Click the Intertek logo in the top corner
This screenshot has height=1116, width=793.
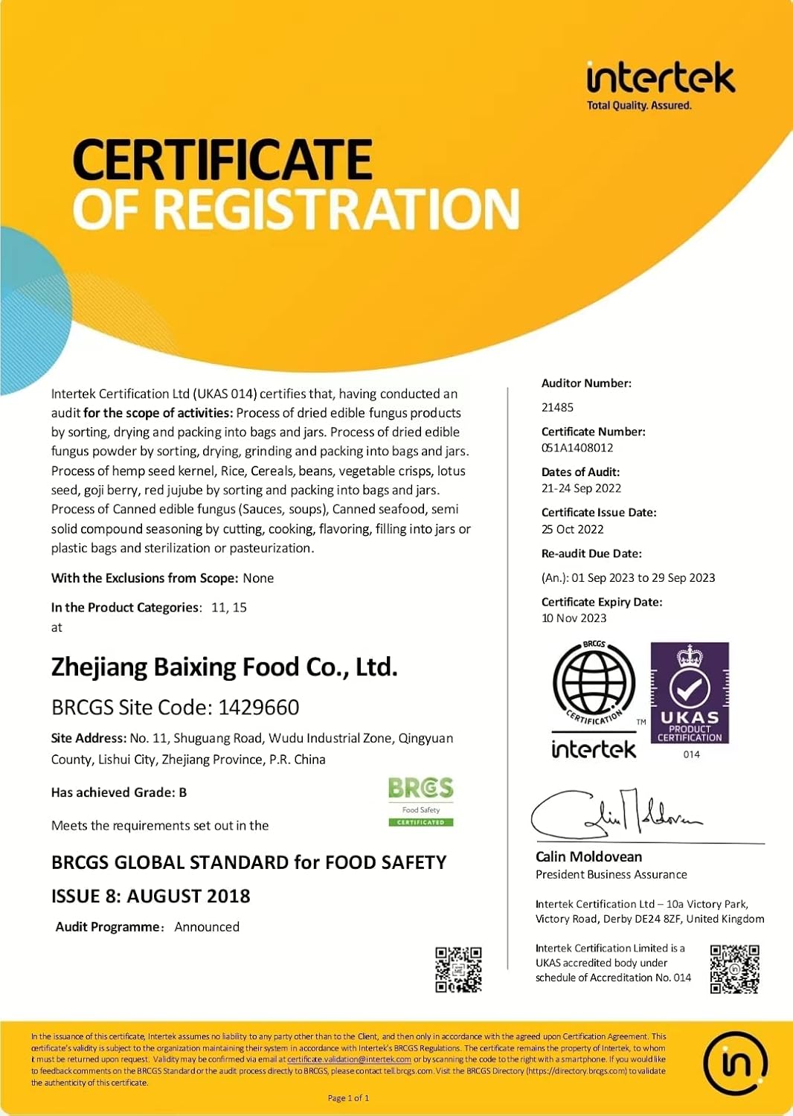[x=660, y=84]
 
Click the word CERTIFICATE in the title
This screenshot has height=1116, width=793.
[x=222, y=160]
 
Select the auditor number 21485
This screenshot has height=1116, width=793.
[x=557, y=408]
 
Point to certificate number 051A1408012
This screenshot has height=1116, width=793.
[x=577, y=448]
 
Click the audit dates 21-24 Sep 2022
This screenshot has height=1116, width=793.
[x=581, y=489]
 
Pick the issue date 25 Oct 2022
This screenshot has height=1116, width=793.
[x=572, y=530]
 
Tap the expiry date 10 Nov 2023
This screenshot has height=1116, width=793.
[x=574, y=618]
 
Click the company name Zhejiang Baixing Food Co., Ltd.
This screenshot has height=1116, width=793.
[x=224, y=667]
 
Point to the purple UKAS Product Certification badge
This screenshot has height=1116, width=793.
[x=690, y=693]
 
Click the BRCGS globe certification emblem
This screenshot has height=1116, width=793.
[x=594, y=683]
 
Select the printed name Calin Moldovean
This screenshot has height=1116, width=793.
[x=588, y=857]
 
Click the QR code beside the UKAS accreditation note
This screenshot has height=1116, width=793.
[x=734, y=969]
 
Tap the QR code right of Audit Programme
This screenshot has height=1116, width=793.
[x=458, y=969]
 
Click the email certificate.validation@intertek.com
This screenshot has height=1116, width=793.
[x=349, y=1059]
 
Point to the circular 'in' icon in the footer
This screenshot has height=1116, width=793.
[x=736, y=1063]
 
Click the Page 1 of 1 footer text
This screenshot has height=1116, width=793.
[x=348, y=1098]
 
